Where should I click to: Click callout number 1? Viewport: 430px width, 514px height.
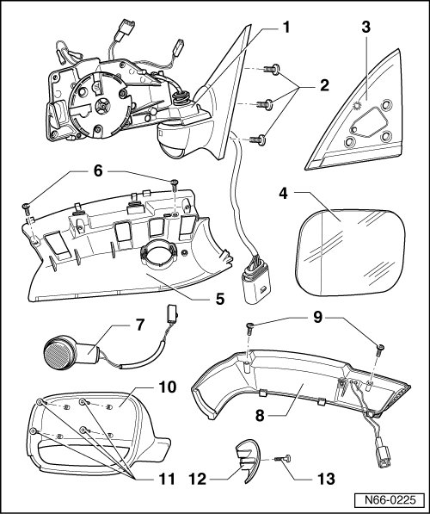click(x=286, y=28)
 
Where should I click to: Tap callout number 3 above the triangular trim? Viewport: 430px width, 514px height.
click(x=365, y=28)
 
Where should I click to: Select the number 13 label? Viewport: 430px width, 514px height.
click(x=326, y=479)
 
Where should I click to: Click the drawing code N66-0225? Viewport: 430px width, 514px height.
click(x=390, y=500)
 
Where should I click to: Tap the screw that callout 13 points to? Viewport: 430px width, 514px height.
click(x=284, y=459)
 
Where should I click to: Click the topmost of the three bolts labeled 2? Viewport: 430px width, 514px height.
click(x=271, y=70)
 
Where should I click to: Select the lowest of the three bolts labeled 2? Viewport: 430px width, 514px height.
click(x=257, y=140)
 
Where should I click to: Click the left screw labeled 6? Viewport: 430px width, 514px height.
click(x=26, y=209)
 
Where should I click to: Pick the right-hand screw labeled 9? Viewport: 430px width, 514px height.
click(x=380, y=351)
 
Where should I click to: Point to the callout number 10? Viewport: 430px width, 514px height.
click(x=168, y=387)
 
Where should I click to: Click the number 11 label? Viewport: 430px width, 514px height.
click(x=166, y=479)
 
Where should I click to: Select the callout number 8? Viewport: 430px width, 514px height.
click(x=260, y=416)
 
